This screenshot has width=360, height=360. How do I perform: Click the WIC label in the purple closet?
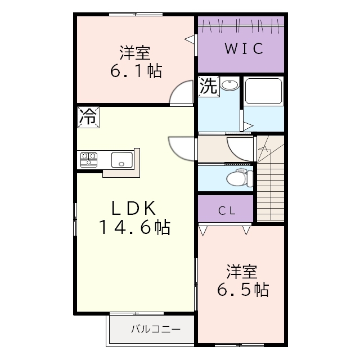click(x=244, y=49)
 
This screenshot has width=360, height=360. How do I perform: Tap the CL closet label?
click(x=227, y=211)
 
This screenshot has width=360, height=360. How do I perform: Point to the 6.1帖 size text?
click(x=135, y=71)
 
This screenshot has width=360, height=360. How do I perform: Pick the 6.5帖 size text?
click(x=243, y=290)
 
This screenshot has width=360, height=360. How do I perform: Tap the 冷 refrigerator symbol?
click(x=87, y=117)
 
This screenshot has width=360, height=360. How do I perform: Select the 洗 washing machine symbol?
click(x=208, y=86)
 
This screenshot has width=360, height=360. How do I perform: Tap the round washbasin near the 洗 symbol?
click(x=229, y=85)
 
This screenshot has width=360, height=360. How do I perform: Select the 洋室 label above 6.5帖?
click(x=242, y=271)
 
